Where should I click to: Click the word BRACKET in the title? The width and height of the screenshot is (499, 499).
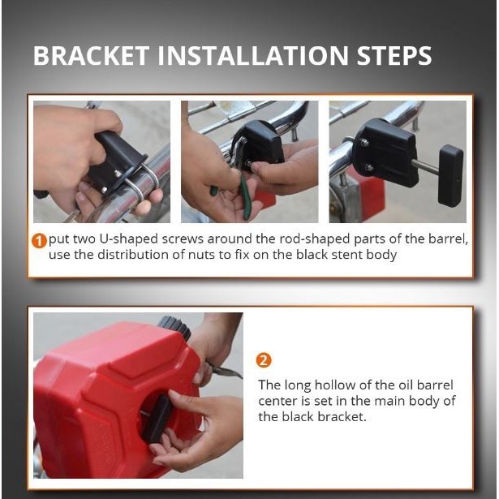[x=92, y=56]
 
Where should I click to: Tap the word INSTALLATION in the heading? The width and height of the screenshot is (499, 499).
[x=253, y=56]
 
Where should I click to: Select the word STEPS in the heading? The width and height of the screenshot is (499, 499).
[x=394, y=56]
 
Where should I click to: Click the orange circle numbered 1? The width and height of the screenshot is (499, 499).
[x=39, y=241]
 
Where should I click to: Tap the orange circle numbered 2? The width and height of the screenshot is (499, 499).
[x=264, y=360]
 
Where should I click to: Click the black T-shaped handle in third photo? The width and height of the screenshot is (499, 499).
[x=450, y=176]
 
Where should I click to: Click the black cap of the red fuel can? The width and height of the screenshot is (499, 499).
[x=174, y=327]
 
